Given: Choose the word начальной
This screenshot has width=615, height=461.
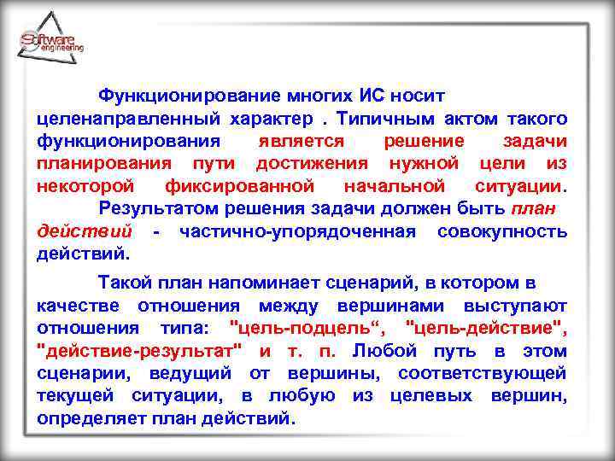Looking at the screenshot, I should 394,185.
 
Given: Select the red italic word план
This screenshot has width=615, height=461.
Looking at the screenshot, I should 534,208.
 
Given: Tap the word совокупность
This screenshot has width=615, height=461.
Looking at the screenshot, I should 502,231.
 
